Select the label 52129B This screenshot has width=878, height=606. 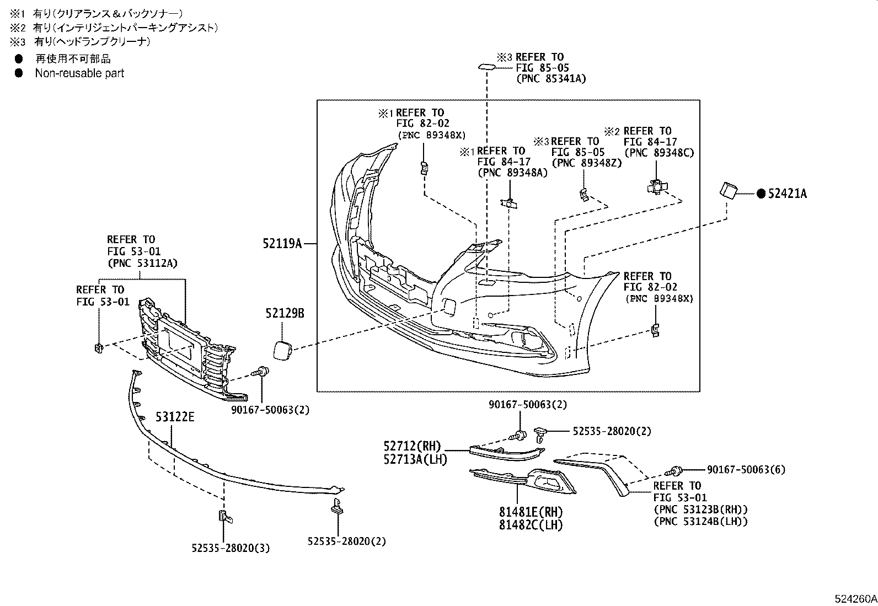285,314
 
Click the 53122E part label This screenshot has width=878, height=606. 175,417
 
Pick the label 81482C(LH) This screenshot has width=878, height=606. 531,525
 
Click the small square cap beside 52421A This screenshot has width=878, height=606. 728,190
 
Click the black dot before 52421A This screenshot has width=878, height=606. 761,194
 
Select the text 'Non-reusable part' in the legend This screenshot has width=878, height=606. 79,73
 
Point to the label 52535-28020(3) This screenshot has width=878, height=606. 231,549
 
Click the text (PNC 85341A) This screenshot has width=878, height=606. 551,79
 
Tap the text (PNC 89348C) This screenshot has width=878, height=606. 658,153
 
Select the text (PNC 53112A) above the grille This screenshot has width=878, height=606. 142,263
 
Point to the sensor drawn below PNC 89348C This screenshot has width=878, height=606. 656,187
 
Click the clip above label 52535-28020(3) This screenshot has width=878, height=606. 224,517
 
